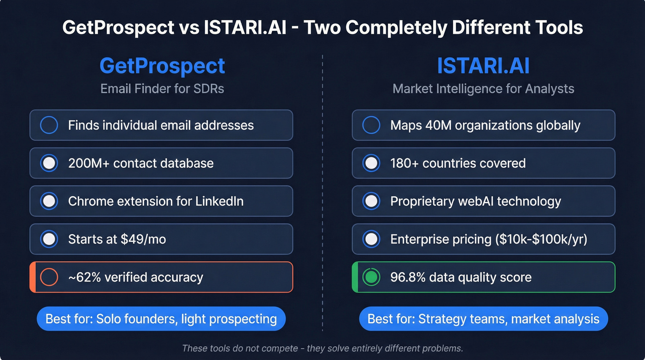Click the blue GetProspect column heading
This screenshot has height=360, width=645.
coord(162,66)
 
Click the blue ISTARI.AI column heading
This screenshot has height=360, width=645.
coord(483,66)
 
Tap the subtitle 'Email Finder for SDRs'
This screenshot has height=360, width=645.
coord(162,89)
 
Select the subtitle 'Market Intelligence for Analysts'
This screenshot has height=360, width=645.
coord(483,89)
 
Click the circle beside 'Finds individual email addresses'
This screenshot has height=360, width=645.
coord(49,125)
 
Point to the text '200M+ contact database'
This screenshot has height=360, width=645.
coord(141,163)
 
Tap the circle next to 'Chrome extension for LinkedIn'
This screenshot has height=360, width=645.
coord(49,201)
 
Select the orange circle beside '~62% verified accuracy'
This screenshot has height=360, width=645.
coord(49,277)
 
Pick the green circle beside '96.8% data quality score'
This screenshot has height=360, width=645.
coord(371,277)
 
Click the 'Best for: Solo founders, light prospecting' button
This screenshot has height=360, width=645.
coord(161,319)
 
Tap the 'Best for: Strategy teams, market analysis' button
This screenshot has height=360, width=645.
coord(483,319)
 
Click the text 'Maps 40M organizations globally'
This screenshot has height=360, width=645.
coord(485,125)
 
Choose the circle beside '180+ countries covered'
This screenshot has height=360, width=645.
coord(371,163)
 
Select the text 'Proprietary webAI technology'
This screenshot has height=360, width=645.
coord(475,201)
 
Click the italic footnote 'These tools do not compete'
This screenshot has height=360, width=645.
coord(240,348)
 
